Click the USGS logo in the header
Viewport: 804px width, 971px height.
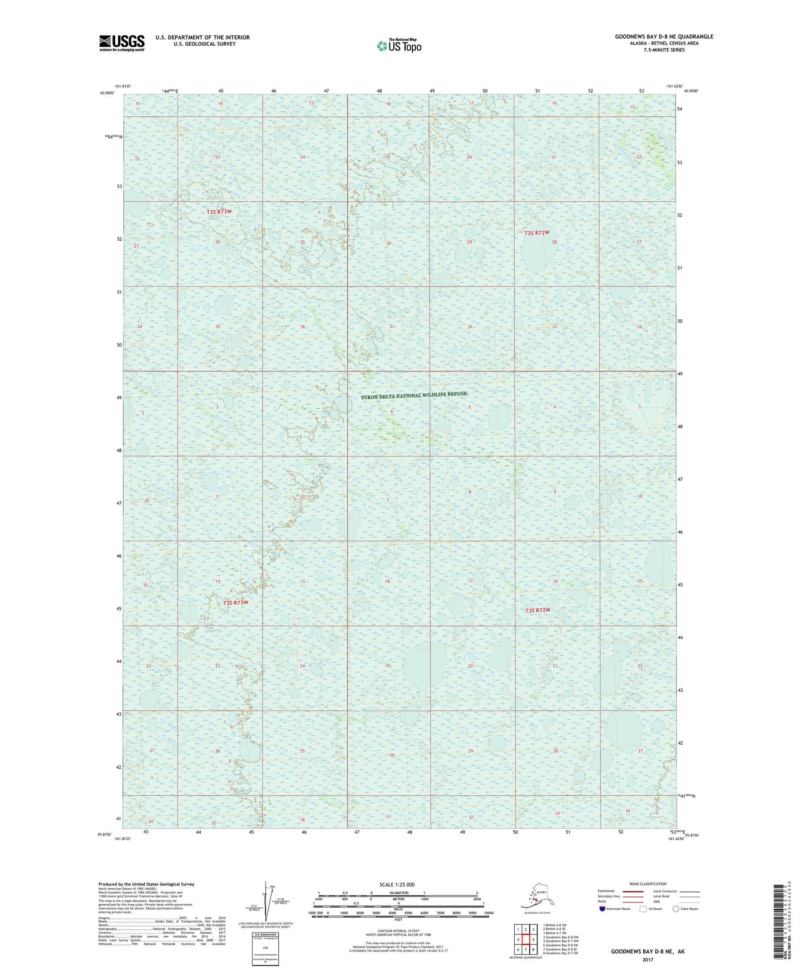click(x=121, y=42)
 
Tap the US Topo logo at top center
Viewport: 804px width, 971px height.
click(x=398, y=45)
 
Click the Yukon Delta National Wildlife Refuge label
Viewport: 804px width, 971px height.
click(x=413, y=395)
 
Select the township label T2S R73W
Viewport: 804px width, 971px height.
click(x=219, y=212)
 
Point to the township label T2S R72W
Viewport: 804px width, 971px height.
click(x=537, y=233)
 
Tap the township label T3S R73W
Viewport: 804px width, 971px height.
click(x=235, y=603)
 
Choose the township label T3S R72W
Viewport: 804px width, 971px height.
click(x=537, y=610)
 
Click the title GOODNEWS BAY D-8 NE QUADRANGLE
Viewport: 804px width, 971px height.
click(x=664, y=37)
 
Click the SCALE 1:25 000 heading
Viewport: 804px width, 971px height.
click(x=397, y=885)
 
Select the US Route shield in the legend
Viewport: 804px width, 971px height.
click(x=644, y=909)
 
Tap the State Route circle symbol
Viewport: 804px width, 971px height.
click(x=675, y=909)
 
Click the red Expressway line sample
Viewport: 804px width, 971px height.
click(x=633, y=891)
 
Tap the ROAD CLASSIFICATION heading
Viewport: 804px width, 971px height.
click(x=648, y=884)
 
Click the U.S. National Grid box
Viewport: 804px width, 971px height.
click(x=265, y=948)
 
